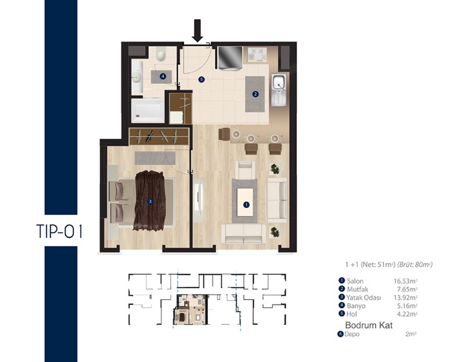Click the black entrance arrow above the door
[x=197, y=31]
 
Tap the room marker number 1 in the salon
[x=246, y=205]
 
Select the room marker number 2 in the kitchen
[x=255, y=94]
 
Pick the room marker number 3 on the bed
[x=150, y=201]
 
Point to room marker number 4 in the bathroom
[x=163, y=76]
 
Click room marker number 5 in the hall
[x=202, y=79]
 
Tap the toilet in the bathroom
[x=161, y=54]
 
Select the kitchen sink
[x=279, y=90]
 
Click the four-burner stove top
[x=257, y=54]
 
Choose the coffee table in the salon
[x=245, y=202]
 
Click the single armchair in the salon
[x=245, y=170]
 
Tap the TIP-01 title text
[x=60, y=231]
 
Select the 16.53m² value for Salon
[x=406, y=281]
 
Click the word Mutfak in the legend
[x=358, y=289]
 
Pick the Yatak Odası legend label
[x=363, y=298]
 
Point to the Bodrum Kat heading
[x=369, y=325]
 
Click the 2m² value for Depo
[x=411, y=334]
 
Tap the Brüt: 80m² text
[x=415, y=264]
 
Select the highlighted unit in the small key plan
[x=190, y=310]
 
